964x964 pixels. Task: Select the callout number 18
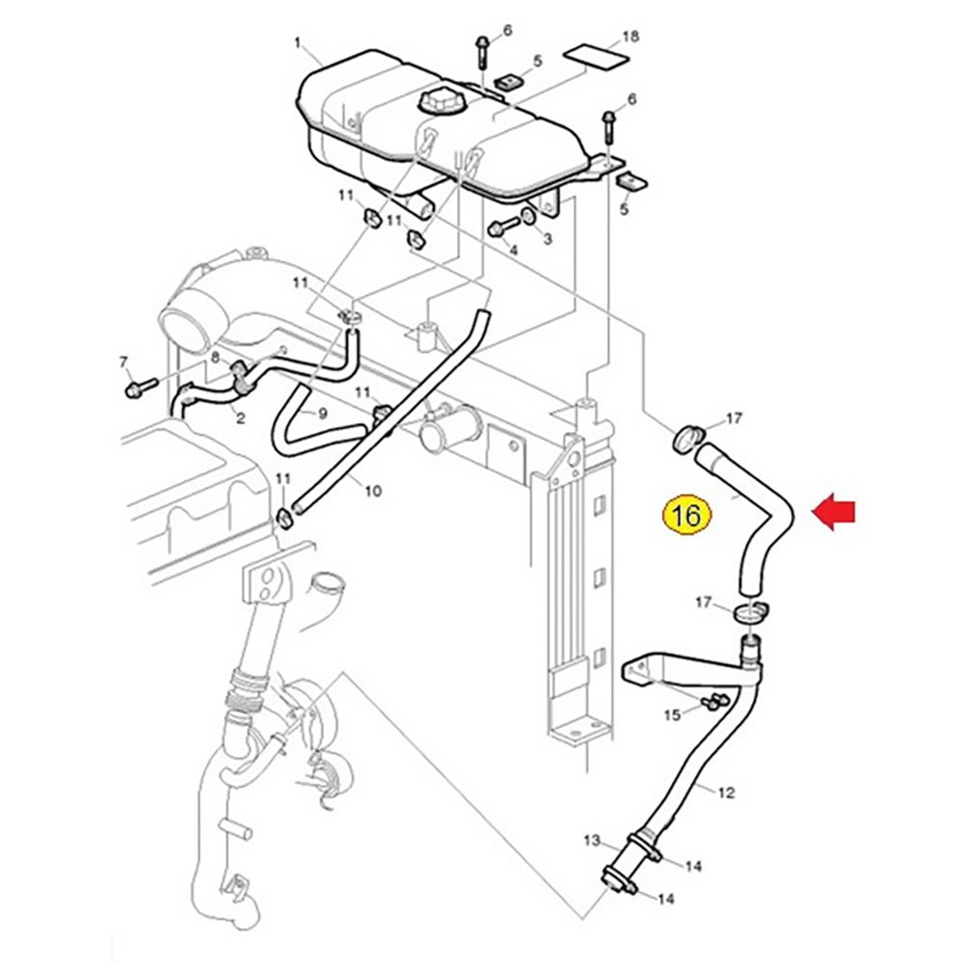630,38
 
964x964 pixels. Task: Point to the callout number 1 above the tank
298,43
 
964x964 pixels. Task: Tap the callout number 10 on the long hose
373,492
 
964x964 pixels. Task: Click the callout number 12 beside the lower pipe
726,792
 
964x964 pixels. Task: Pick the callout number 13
591,841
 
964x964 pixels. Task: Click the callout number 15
672,714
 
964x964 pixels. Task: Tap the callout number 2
239,418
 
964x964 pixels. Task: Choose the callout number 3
547,238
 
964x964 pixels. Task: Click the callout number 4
514,251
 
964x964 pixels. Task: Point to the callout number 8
216,358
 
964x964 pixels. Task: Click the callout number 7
123,362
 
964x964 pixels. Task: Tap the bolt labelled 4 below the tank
496,228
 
